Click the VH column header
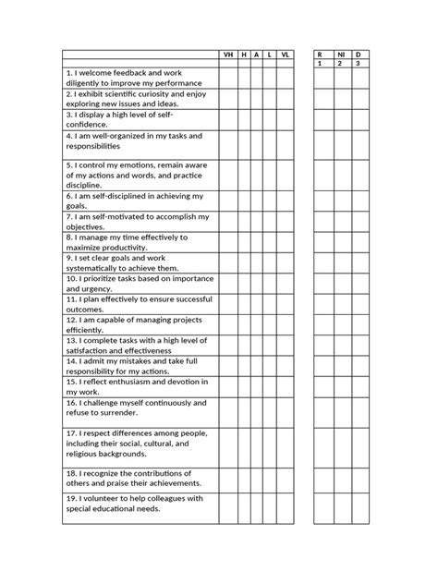[x=228, y=55]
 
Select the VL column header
[x=286, y=55]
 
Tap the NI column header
[x=339, y=55]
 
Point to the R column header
[x=319, y=55]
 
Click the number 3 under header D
[x=359, y=64]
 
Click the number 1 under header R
[x=319, y=64]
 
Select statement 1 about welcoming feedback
[x=139, y=78]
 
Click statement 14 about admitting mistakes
[x=139, y=365]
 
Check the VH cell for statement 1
[x=228, y=78]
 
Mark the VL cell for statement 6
[x=286, y=201]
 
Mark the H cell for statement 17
[x=244, y=443]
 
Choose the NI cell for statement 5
[x=339, y=175]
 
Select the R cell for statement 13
[x=319, y=345]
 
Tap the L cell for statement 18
[x=269, y=478]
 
